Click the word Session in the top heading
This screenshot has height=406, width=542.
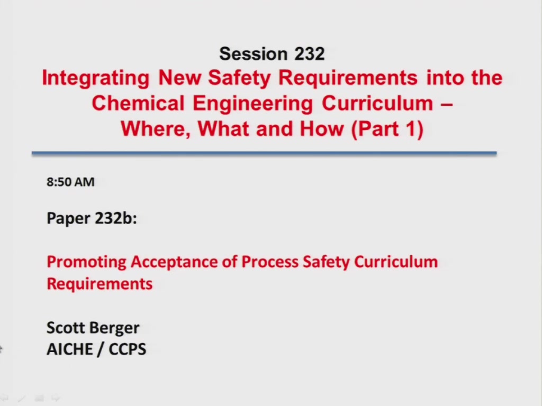click(x=254, y=54)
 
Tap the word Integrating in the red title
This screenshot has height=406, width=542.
click(x=96, y=78)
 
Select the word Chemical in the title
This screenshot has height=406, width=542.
click(x=138, y=103)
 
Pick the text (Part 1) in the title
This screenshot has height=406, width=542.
click(x=387, y=129)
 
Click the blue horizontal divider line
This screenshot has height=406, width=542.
click(x=264, y=153)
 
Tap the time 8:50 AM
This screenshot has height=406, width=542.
click(x=70, y=182)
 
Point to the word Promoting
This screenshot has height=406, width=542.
click(x=86, y=262)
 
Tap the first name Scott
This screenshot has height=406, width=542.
click(x=67, y=328)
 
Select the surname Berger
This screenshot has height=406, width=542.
click(x=115, y=328)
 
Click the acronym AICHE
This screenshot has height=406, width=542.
click(x=70, y=349)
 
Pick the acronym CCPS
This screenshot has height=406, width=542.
click(x=128, y=349)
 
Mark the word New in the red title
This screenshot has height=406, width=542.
click(x=179, y=77)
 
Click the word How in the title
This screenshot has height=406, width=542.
click(x=321, y=129)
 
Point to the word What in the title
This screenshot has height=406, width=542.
click(x=223, y=129)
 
